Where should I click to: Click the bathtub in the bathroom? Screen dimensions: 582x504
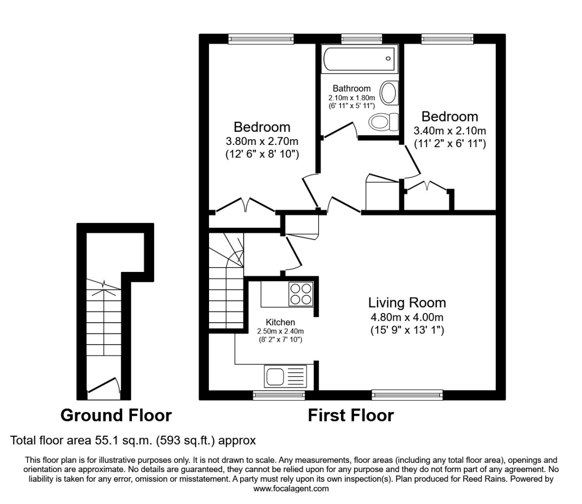(359, 59)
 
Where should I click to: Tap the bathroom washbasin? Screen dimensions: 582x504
(389, 93)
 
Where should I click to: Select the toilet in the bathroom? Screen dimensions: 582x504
(384, 122)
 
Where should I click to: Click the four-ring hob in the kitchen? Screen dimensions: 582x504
(301, 294)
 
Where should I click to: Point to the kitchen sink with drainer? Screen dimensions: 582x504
(286, 376)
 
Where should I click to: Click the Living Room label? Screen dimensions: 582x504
(407, 303)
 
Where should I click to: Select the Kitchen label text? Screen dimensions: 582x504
(280, 322)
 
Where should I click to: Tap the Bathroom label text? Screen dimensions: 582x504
(352, 89)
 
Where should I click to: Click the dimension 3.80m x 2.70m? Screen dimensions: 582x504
(262, 141)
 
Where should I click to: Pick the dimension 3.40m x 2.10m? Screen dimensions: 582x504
(450, 131)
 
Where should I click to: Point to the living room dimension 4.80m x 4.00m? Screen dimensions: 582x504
(407, 317)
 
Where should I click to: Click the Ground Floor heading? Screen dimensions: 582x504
(116, 415)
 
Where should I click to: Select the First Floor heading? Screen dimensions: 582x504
(351, 415)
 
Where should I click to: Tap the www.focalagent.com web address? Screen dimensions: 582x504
(291, 489)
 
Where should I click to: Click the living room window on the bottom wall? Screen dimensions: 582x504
(407, 395)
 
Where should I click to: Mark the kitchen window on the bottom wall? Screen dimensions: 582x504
(279, 395)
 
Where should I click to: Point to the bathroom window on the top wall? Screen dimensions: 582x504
(362, 39)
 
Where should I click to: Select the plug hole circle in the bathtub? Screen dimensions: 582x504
(388, 59)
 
